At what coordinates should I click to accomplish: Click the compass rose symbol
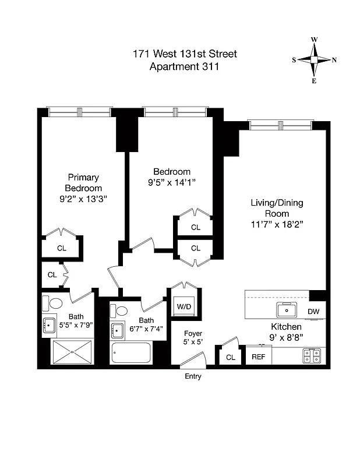[x=314, y=60]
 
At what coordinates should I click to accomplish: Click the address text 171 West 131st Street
[x=185, y=54]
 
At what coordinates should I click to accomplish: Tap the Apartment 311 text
[x=185, y=66]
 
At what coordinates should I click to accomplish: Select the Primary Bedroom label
[x=83, y=182]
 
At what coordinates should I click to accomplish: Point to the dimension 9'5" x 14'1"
[x=171, y=182]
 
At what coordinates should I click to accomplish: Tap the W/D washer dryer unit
[x=183, y=306]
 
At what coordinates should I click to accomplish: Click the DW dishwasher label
[x=313, y=311]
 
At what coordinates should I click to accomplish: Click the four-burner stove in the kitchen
[x=310, y=356]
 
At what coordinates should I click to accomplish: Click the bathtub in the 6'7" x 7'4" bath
[x=130, y=353]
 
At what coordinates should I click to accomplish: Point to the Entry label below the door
[x=192, y=377]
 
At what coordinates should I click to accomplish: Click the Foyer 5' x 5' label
[x=193, y=338]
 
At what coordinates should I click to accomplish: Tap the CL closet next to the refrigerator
[x=230, y=357]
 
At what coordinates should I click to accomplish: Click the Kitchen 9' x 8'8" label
[x=285, y=331]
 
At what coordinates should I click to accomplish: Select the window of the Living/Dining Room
[x=280, y=125]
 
